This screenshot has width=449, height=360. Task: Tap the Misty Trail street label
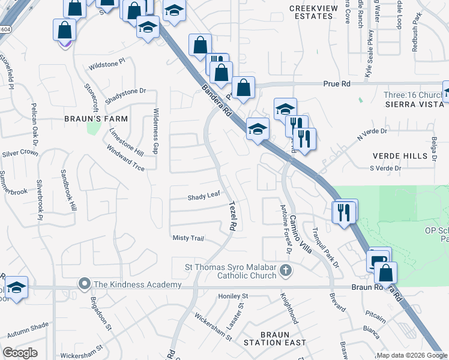(x=188, y=238)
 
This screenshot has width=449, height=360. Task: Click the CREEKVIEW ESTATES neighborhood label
(x=311, y=12)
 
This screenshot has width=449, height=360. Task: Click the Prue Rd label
(x=336, y=85)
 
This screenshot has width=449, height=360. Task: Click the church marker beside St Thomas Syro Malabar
(x=286, y=270)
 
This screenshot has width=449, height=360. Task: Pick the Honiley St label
(x=233, y=296)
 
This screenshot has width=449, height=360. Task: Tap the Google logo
(x=20, y=352)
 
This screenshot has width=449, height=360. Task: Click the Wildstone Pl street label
(x=106, y=61)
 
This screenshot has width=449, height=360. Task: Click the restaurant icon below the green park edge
(x=345, y=212)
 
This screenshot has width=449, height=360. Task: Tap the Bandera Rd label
(x=217, y=101)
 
